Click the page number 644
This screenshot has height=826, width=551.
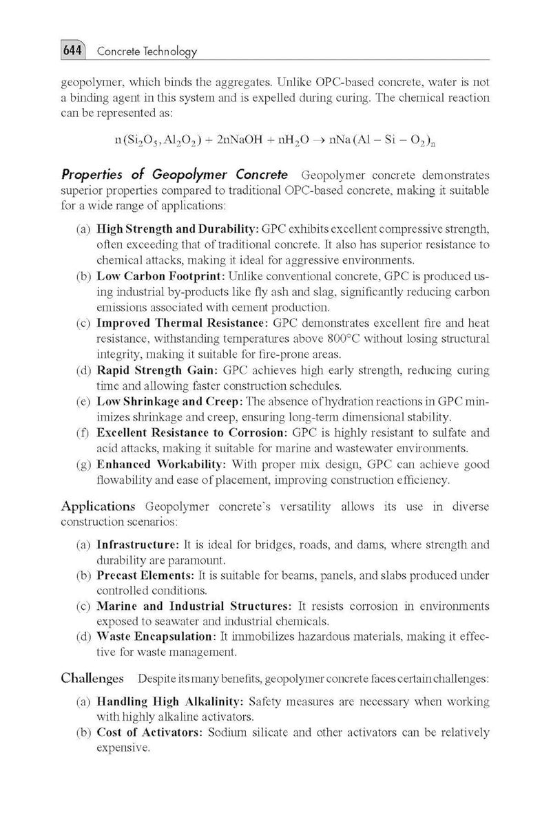click(72, 51)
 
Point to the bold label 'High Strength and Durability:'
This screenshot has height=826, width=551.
click(177, 227)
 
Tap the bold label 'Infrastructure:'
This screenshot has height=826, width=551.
click(138, 544)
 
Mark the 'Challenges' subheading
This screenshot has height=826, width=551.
click(93, 679)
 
